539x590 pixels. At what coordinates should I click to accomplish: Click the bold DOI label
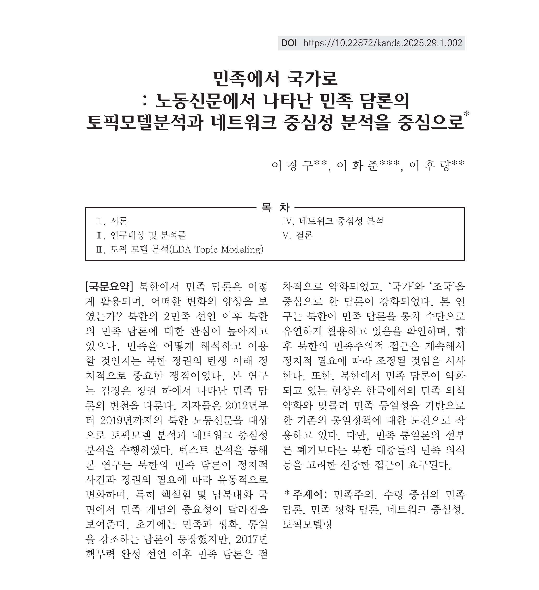point(289,43)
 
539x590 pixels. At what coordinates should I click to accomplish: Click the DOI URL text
point(383,43)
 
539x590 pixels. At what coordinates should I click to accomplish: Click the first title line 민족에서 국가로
point(275,79)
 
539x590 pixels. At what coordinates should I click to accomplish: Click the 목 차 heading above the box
point(275,207)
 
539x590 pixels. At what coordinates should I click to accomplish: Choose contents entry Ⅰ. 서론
point(112,221)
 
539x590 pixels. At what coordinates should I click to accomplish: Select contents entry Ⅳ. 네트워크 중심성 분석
point(332,221)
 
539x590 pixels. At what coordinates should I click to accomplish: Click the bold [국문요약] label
point(109,287)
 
